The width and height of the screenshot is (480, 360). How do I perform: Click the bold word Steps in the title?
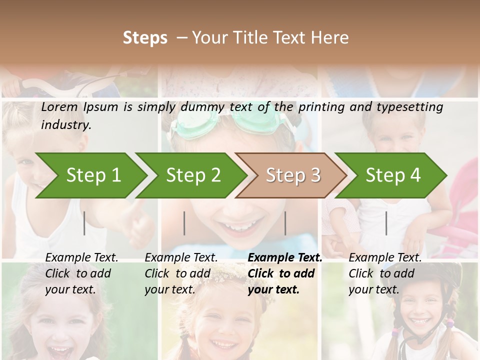click(x=145, y=38)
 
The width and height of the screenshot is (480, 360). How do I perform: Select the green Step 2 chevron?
click(x=193, y=175)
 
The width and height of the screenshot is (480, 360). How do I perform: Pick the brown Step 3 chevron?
click(x=293, y=175)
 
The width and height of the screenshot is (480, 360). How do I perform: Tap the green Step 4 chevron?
click(x=393, y=175)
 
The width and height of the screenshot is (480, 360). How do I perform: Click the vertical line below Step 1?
click(x=84, y=223)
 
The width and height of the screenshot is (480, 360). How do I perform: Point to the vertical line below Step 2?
click(x=184, y=223)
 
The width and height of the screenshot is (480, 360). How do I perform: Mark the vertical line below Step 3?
click(x=285, y=223)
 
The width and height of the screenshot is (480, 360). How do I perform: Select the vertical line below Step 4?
click(x=386, y=223)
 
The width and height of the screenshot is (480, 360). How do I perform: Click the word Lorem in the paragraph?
click(x=59, y=107)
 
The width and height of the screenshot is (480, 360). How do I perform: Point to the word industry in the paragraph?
click(x=66, y=125)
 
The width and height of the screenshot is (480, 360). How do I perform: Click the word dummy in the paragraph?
click(x=202, y=107)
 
